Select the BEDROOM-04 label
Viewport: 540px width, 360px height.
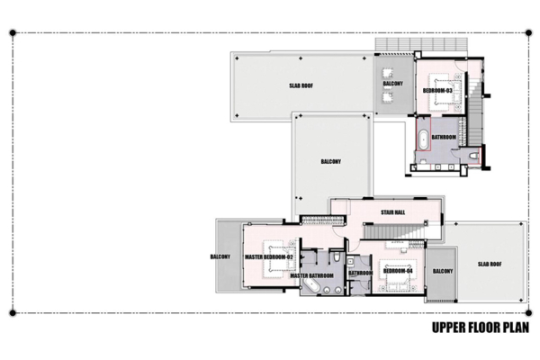point(397,270)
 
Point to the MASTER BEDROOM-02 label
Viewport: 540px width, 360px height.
point(270,257)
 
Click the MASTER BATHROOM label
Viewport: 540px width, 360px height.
point(311,275)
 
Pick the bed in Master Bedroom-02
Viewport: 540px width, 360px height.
point(278,250)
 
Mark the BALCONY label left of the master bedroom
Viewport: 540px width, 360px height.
point(221,256)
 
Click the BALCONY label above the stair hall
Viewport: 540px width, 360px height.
point(330,162)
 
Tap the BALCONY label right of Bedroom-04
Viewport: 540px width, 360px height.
point(441,271)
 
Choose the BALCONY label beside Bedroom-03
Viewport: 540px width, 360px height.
point(392,84)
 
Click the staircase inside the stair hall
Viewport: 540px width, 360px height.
point(396,233)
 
